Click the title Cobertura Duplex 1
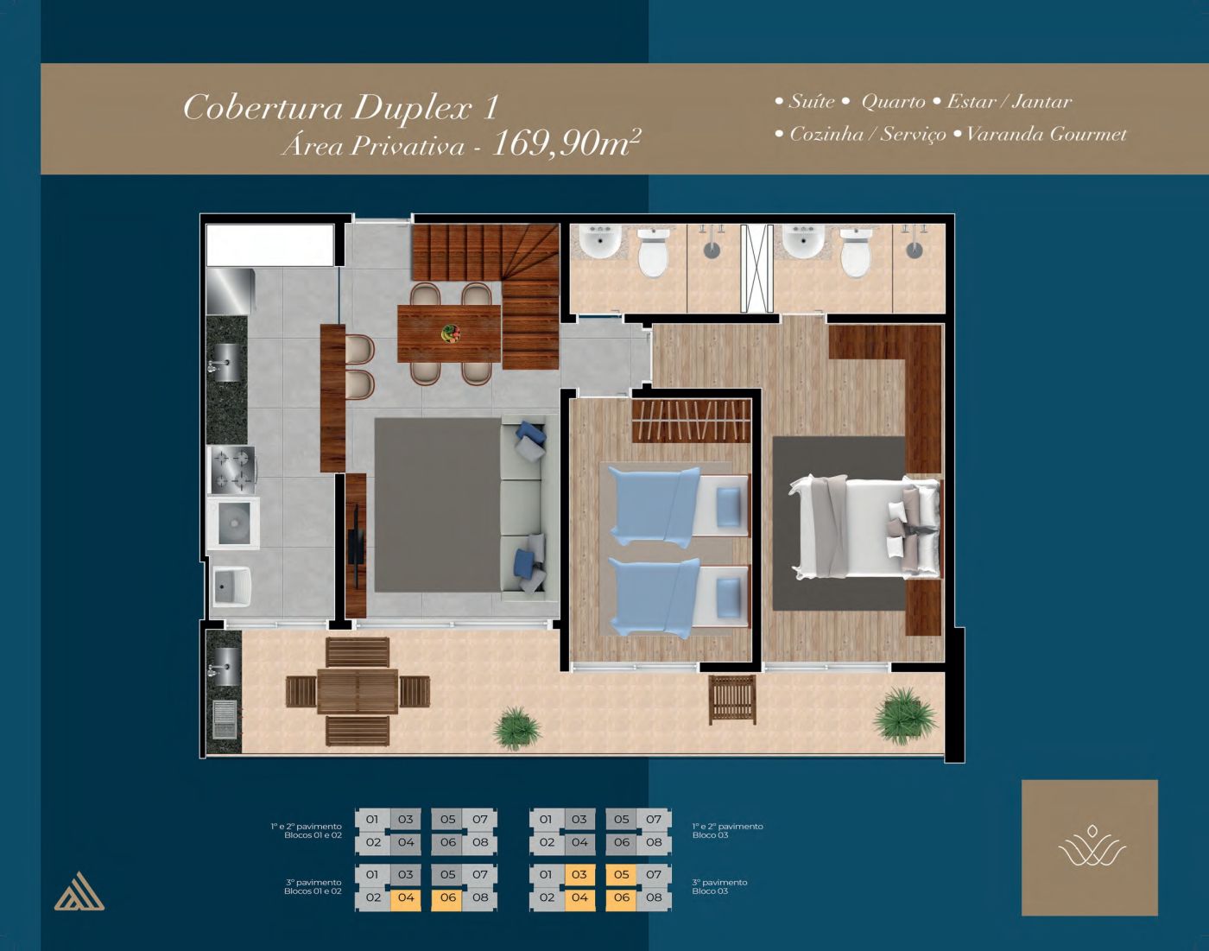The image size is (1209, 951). [x=341, y=107]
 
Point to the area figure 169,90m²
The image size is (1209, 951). [x=567, y=143]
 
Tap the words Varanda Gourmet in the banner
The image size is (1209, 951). [x=1046, y=135]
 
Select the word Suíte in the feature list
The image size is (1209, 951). [x=811, y=101]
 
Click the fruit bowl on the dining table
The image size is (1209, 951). [x=451, y=333]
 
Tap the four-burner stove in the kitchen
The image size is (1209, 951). [x=233, y=469]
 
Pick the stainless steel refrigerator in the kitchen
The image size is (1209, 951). [x=231, y=291]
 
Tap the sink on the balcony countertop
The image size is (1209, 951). [x=225, y=667]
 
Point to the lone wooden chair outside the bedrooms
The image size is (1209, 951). [x=732, y=699]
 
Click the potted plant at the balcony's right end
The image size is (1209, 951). [x=904, y=716]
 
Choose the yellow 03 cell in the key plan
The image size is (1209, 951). [x=579, y=875]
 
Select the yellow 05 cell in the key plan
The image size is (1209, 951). [x=622, y=875]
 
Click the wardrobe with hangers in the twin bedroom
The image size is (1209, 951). [x=692, y=422]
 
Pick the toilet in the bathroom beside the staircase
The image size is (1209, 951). [x=653, y=253]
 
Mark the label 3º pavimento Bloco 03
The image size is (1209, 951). [x=719, y=886]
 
